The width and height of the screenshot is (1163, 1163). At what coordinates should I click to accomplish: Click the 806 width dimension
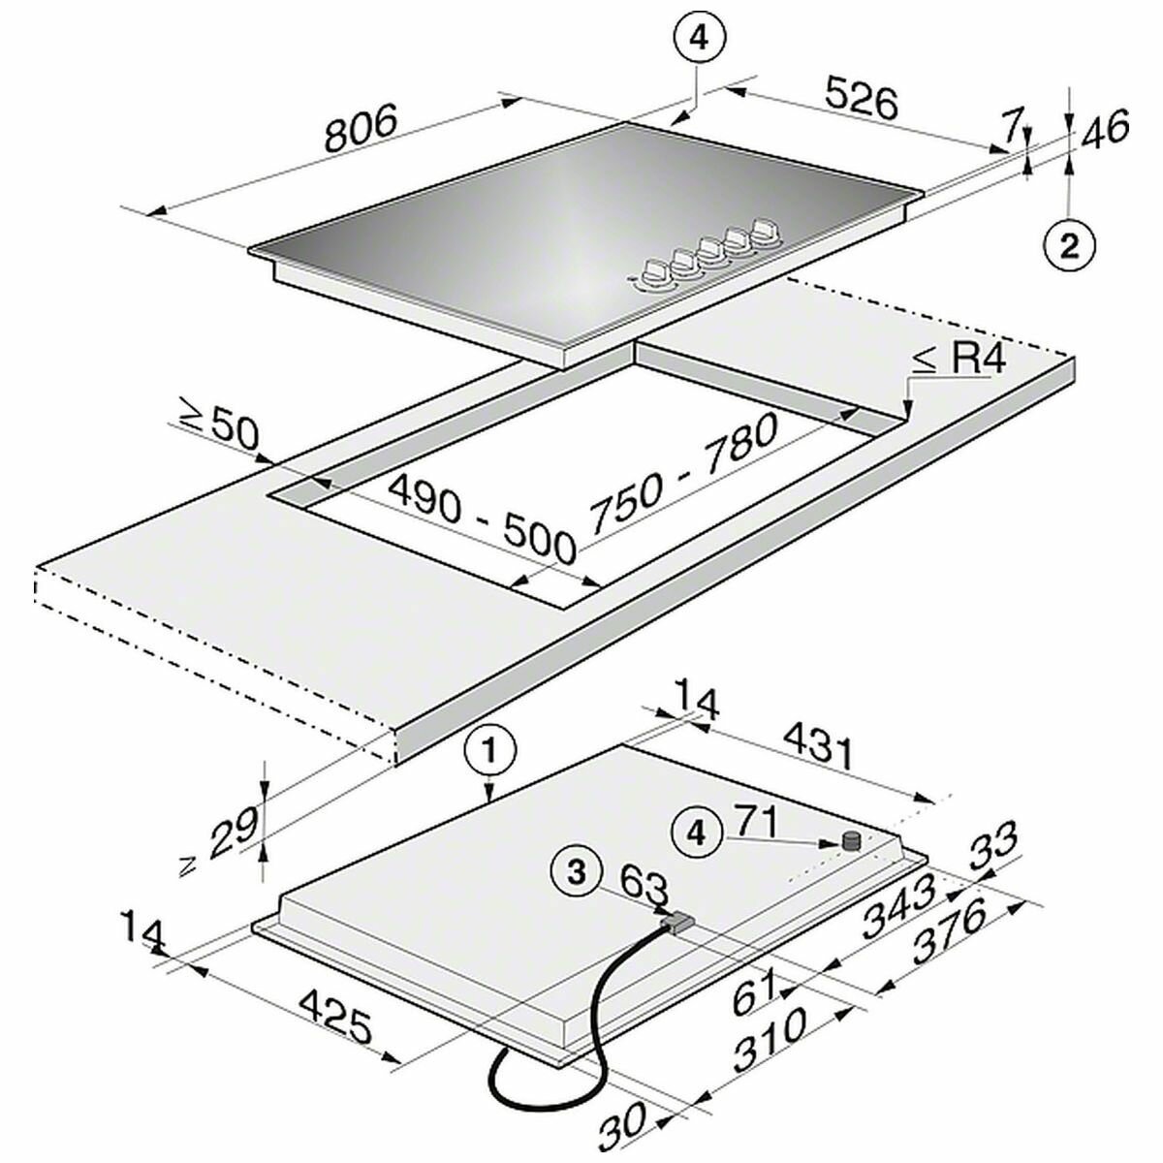[361, 127]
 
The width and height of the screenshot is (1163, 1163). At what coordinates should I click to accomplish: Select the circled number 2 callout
[1069, 246]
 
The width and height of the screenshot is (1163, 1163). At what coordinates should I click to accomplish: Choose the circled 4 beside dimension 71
[697, 835]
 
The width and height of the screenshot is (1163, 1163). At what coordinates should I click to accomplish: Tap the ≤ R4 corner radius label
[959, 360]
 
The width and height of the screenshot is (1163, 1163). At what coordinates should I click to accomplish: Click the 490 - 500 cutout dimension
[481, 519]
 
